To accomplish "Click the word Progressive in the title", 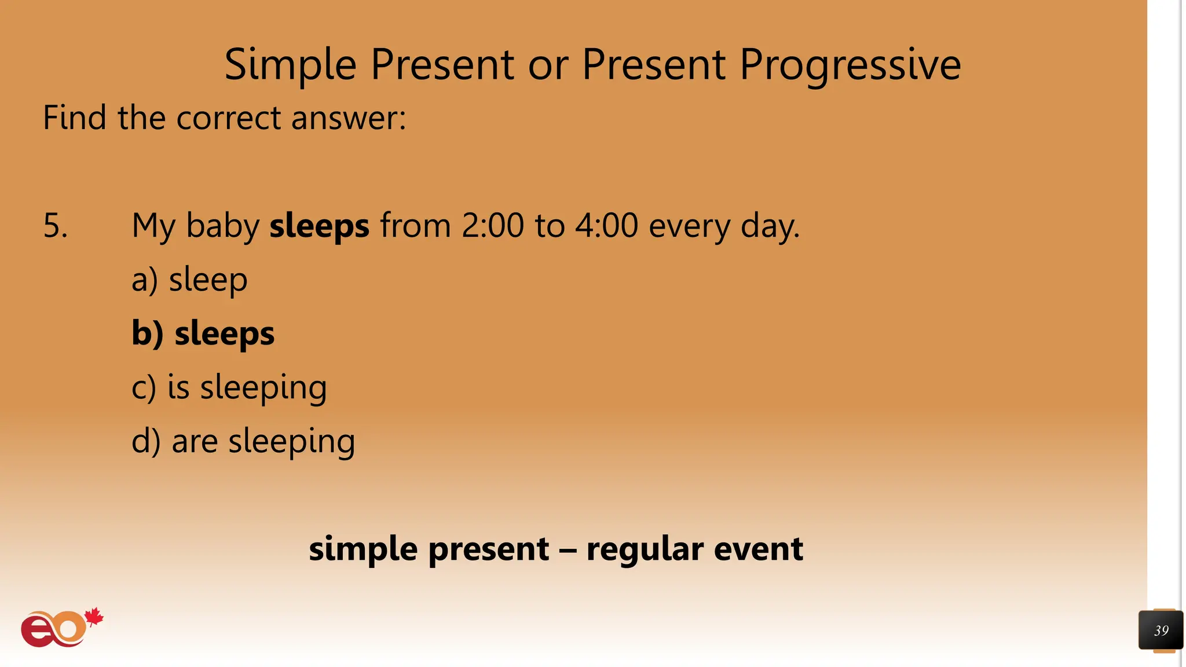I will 850,65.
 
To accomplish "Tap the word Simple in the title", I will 290,65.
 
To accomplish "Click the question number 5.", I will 55,225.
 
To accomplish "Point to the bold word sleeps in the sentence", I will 319,226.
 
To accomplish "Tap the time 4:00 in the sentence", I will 606,225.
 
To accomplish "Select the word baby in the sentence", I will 222,226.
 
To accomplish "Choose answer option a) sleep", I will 189,280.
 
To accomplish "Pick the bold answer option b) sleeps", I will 203,333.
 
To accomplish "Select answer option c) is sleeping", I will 229,387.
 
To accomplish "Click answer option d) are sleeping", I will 243,441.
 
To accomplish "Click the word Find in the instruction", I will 75,118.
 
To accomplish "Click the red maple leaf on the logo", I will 94,617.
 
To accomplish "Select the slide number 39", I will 1161,631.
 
